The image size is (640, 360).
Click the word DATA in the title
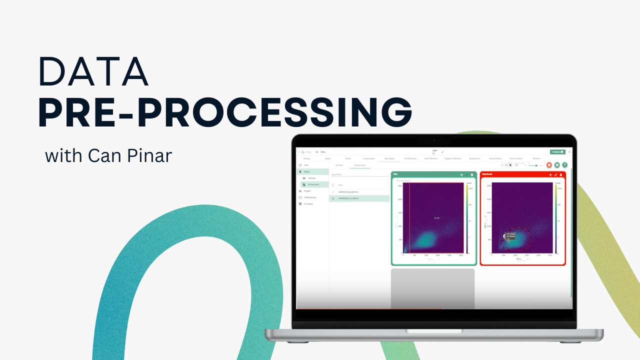coord(93,72)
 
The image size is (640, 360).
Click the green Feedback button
coord(557,151)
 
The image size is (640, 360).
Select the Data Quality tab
coord(389,158)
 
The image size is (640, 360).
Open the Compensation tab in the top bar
coord(368,158)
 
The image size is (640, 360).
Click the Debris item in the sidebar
coord(307,171)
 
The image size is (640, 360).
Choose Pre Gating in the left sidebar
coord(308,203)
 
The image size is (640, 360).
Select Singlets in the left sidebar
coord(307,190)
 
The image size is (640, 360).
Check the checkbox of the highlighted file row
coord(333,198)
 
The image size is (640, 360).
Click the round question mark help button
coord(564,164)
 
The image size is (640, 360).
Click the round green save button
coord(556,164)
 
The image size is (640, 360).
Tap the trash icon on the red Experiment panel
coord(561,174)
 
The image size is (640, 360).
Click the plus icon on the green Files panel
coord(461,174)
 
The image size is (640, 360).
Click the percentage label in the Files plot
coord(436,218)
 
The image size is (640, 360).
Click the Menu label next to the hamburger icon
coord(323,152)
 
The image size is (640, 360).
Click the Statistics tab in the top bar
coord(536,158)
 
